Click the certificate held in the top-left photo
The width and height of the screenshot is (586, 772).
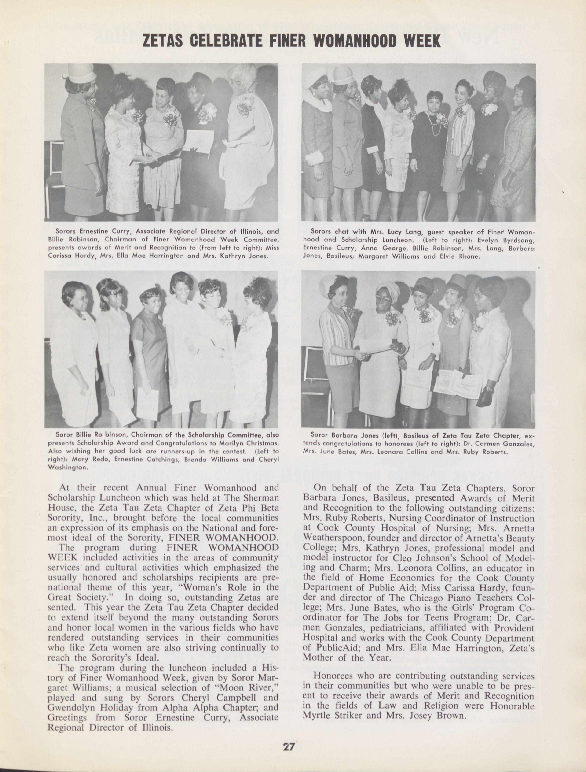[x=198, y=141]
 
